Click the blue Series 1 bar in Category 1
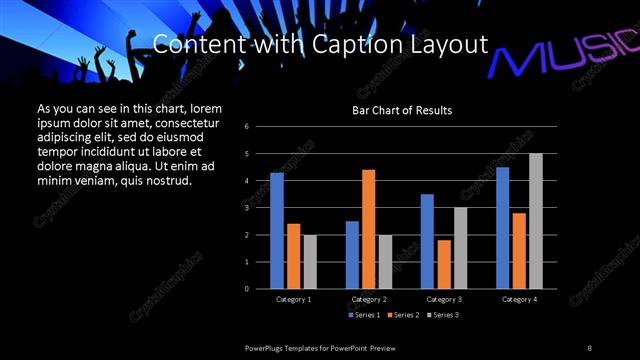[277, 231]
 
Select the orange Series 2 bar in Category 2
[368, 229]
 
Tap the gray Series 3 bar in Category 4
[535, 221]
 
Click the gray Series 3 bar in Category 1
[310, 262]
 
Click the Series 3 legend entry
[443, 315]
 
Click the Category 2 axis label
[368, 299]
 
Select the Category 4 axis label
[518, 299]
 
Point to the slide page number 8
[590, 346]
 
